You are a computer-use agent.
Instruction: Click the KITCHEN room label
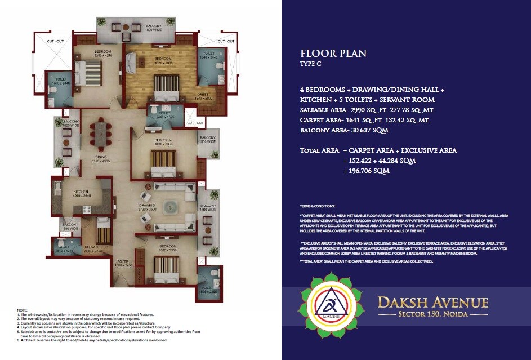[x=81, y=192]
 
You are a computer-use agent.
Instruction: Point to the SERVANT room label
[x=92, y=246]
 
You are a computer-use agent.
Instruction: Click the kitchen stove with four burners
[x=58, y=185]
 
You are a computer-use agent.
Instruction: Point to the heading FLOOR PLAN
[x=333, y=54]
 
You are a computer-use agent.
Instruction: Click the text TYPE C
[x=312, y=65]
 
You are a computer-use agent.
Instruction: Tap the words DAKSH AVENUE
[x=433, y=303]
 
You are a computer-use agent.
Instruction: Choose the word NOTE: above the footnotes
[x=21, y=310]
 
